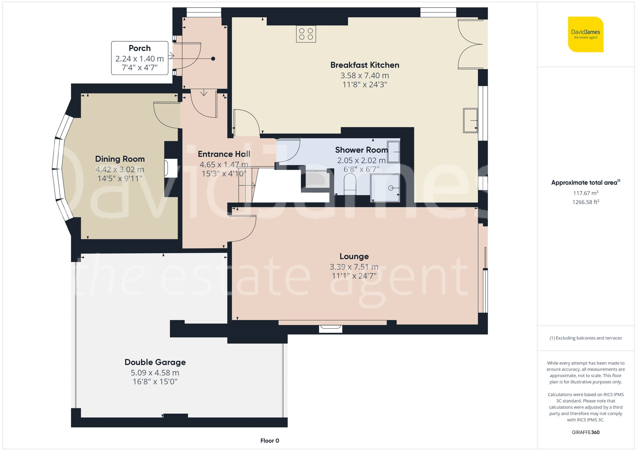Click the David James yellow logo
[585, 34]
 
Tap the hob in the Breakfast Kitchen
[306, 34]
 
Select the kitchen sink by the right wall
[470, 120]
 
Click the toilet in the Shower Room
[350, 184]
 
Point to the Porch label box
[140, 58]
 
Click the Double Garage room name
[155, 362]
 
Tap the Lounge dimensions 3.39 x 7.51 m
[354, 267]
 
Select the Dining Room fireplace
[171, 168]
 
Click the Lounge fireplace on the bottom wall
[331, 328]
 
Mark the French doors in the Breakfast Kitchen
[471, 44]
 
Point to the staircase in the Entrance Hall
[247, 185]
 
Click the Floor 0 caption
[269, 440]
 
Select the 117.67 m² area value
[585, 193]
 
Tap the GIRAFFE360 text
[585, 432]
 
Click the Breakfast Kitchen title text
[364, 65]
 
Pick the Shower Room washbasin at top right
[394, 152]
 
